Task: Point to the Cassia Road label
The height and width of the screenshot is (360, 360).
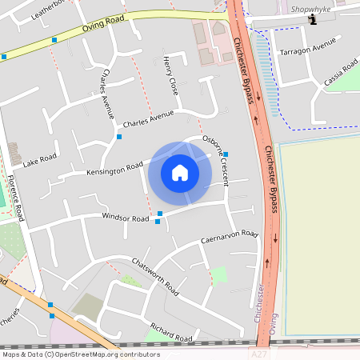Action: click(x=341, y=73)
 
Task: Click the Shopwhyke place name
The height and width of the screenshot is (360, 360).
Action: click(x=310, y=9)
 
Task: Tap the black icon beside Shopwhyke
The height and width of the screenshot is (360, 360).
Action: click(x=313, y=19)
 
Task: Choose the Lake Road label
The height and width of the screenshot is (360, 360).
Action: click(x=40, y=161)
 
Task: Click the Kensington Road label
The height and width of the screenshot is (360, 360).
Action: click(x=115, y=169)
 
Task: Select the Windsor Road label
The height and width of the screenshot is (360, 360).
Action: click(x=125, y=218)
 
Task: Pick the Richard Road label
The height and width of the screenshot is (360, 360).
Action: click(x=171, y=333)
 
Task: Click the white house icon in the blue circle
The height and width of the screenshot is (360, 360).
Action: click(x=180, y=172)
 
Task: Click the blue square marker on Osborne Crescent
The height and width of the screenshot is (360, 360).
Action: click(x=226, y=154)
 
